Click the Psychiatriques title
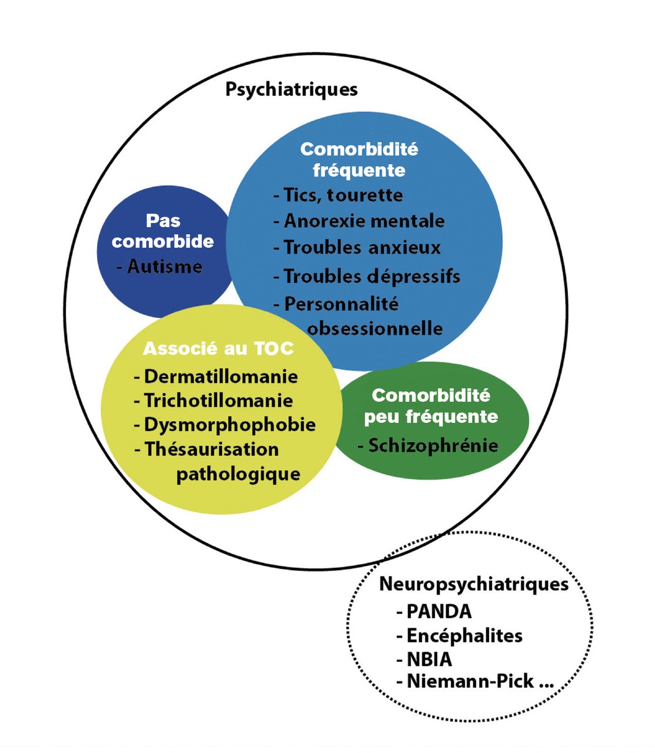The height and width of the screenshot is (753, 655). (292, 89)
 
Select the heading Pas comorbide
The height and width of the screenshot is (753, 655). (163, 231)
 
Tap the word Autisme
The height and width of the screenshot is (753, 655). (165, 266)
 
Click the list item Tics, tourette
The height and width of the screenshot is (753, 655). (343, 195)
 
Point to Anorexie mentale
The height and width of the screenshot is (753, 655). (364, 221)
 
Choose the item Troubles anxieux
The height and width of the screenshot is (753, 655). (362, 248)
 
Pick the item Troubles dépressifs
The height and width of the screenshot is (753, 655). (372, 276)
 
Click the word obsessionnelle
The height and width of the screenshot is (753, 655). (375, 328)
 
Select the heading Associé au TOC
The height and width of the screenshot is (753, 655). (218, 348)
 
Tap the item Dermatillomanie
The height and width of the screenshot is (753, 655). (220, 376)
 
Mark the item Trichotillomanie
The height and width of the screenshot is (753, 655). (218, 401)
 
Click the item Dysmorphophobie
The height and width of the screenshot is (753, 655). (229, 425)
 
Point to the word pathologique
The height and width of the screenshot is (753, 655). (238, 474)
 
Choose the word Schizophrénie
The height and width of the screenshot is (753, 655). (433, 445)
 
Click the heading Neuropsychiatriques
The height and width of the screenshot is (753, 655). (474, 584)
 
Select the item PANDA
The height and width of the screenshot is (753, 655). (439, 612)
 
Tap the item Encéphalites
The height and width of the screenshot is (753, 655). (464, 636)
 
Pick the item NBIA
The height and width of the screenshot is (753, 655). (429, 659)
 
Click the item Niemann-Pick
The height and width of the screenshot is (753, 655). (470, 681)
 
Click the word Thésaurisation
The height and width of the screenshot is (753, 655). (212, 449)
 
